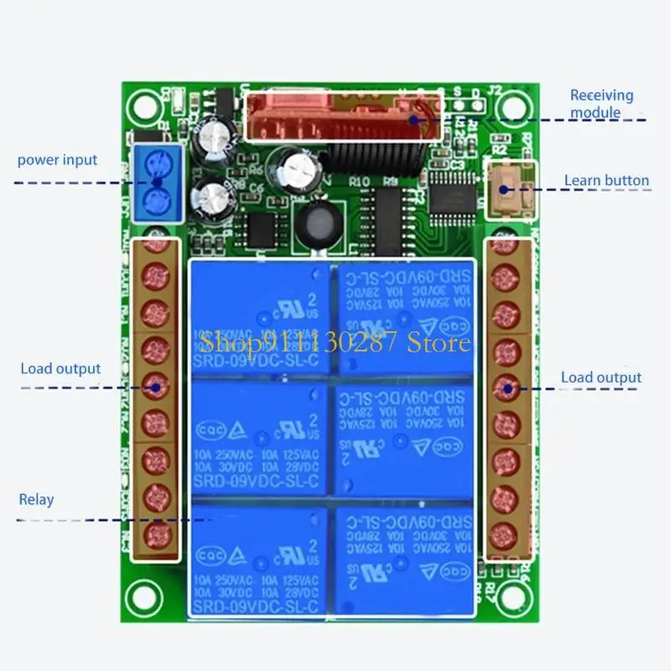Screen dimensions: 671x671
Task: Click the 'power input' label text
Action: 57,159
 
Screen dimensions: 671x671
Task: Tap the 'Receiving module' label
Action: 601,104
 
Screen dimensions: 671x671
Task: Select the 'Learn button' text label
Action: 606,180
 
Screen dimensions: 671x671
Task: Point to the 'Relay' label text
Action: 36,500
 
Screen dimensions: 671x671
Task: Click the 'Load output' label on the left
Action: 60,368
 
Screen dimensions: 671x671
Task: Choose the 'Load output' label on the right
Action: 601,378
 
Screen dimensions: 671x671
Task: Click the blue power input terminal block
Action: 157,183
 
